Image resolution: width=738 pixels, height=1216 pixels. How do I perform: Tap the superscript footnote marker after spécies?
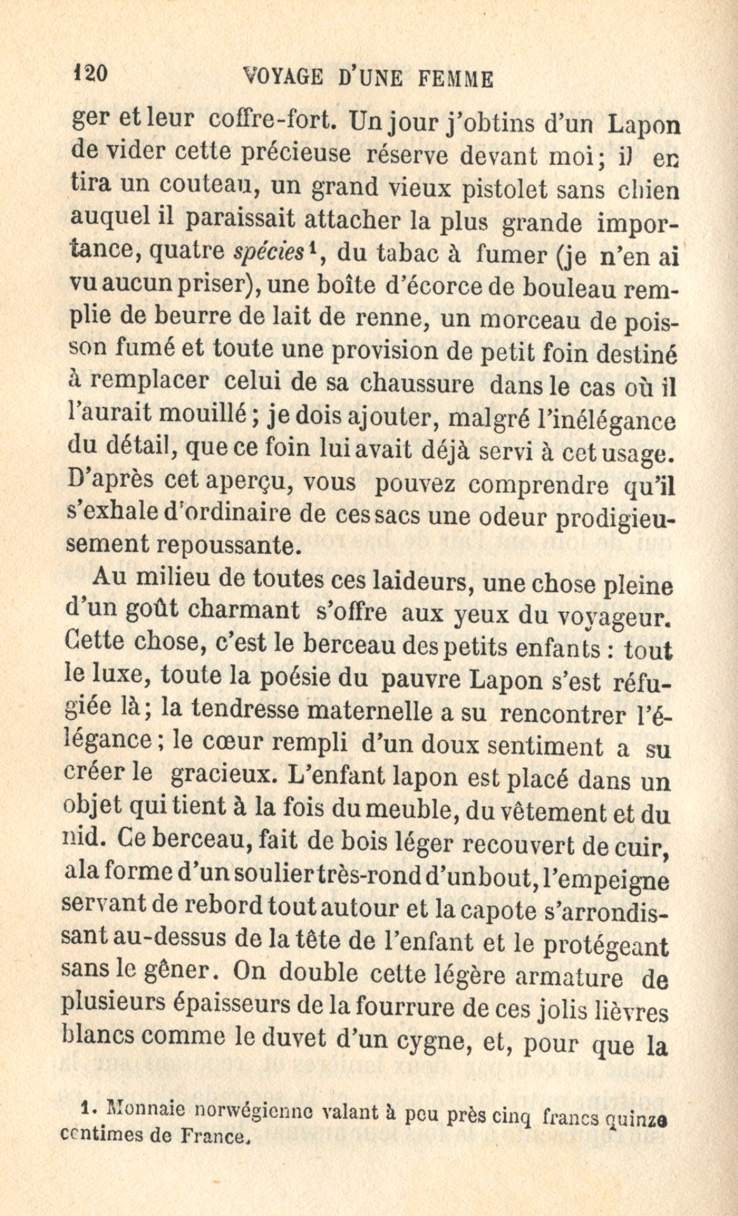[313, 250]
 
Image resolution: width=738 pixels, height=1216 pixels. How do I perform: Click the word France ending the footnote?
[215, 1134]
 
